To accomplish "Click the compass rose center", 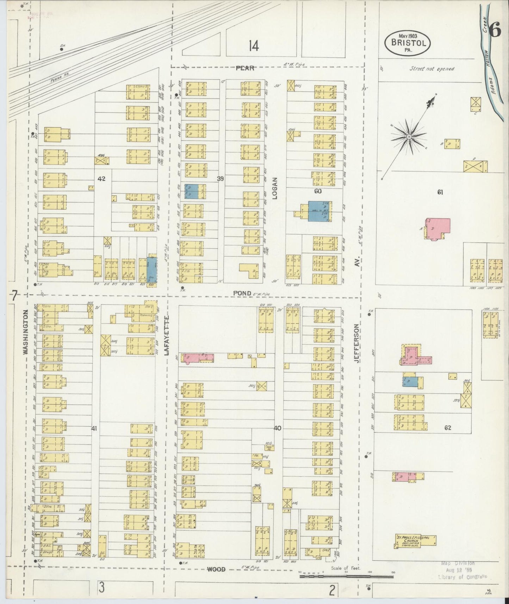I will point(409,136).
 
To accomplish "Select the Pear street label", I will point(245,68).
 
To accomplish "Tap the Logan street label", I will point(275,189).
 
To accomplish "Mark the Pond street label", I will point(242,293).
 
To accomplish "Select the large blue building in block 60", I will point(318,211).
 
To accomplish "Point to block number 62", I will point(448,428).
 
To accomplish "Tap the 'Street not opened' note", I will point(432,69).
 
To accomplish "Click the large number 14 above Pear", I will point(253,46).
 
